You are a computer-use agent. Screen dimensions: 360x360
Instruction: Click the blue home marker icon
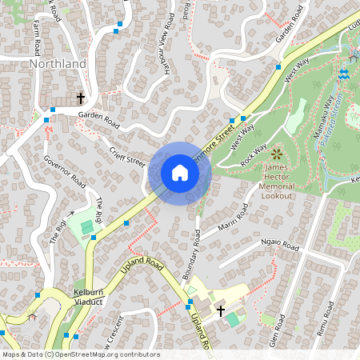pos(180,173)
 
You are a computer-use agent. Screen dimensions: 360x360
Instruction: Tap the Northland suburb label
pos(57,63)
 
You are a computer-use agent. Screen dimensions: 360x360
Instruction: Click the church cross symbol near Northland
pos(80,98)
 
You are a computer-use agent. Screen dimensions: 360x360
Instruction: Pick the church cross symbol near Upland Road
pos(222,310)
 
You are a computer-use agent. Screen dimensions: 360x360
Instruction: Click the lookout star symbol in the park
pos(277,153)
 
